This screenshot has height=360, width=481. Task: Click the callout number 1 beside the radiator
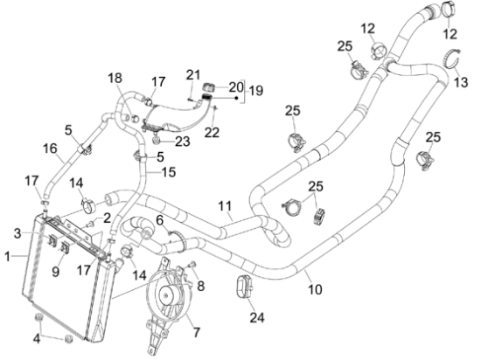pyautogui.click(x=8, y=256)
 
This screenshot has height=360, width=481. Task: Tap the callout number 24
pyautogui.click(x=257, y=318)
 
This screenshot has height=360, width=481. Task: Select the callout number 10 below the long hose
pyautogui.click(x=315, y=289)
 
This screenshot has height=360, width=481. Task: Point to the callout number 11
pyautogui.click(x=225, y=206)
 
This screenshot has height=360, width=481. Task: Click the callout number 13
pyautogui.click(x=461, y=82)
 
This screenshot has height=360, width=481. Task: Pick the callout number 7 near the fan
pyautogui.click(x=196, y=332)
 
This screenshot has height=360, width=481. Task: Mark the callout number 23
pyautogui.click(x=183, y=142)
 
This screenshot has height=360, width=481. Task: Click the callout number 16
pyautogui.click(x=50, y=149)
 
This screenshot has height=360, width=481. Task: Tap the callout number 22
pyautogui.click(x=212, y=133)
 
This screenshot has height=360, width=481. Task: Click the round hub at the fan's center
pyautogui.click(x=166, y=295)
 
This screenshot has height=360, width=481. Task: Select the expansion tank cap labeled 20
pyautogui.click(x=209, y=87)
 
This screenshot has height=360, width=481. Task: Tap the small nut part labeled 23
pyautogui.click(x=157, y=141)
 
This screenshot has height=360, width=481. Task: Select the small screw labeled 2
pyautogui.click(x=90, y=225)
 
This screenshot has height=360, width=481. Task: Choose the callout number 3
pyautogui.click(x=17, y=233)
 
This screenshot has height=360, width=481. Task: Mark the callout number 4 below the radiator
pyautogui.click(x=37, y=339)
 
